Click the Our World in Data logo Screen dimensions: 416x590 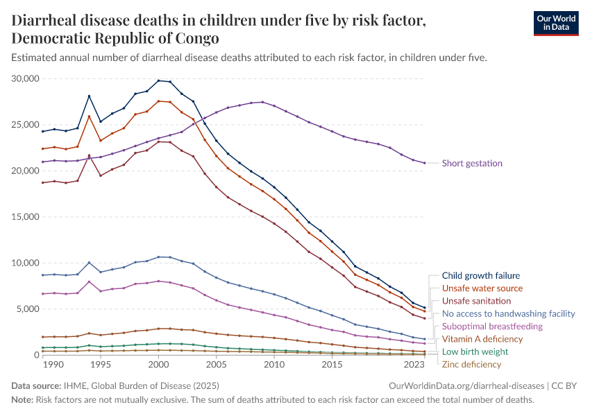555,22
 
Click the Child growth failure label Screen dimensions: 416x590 480,276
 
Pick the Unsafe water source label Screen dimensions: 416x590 482,288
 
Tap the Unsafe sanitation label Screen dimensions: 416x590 476,301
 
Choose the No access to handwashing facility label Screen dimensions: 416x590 509,313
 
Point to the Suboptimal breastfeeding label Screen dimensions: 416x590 492,326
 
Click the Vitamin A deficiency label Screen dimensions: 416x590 482,339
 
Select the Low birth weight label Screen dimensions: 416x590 475,352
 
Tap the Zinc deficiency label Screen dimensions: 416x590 471,365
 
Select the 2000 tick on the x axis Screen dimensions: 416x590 158,365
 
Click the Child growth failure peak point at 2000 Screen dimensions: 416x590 158,80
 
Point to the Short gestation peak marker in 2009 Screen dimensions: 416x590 262,102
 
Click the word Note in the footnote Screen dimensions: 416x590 22,400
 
